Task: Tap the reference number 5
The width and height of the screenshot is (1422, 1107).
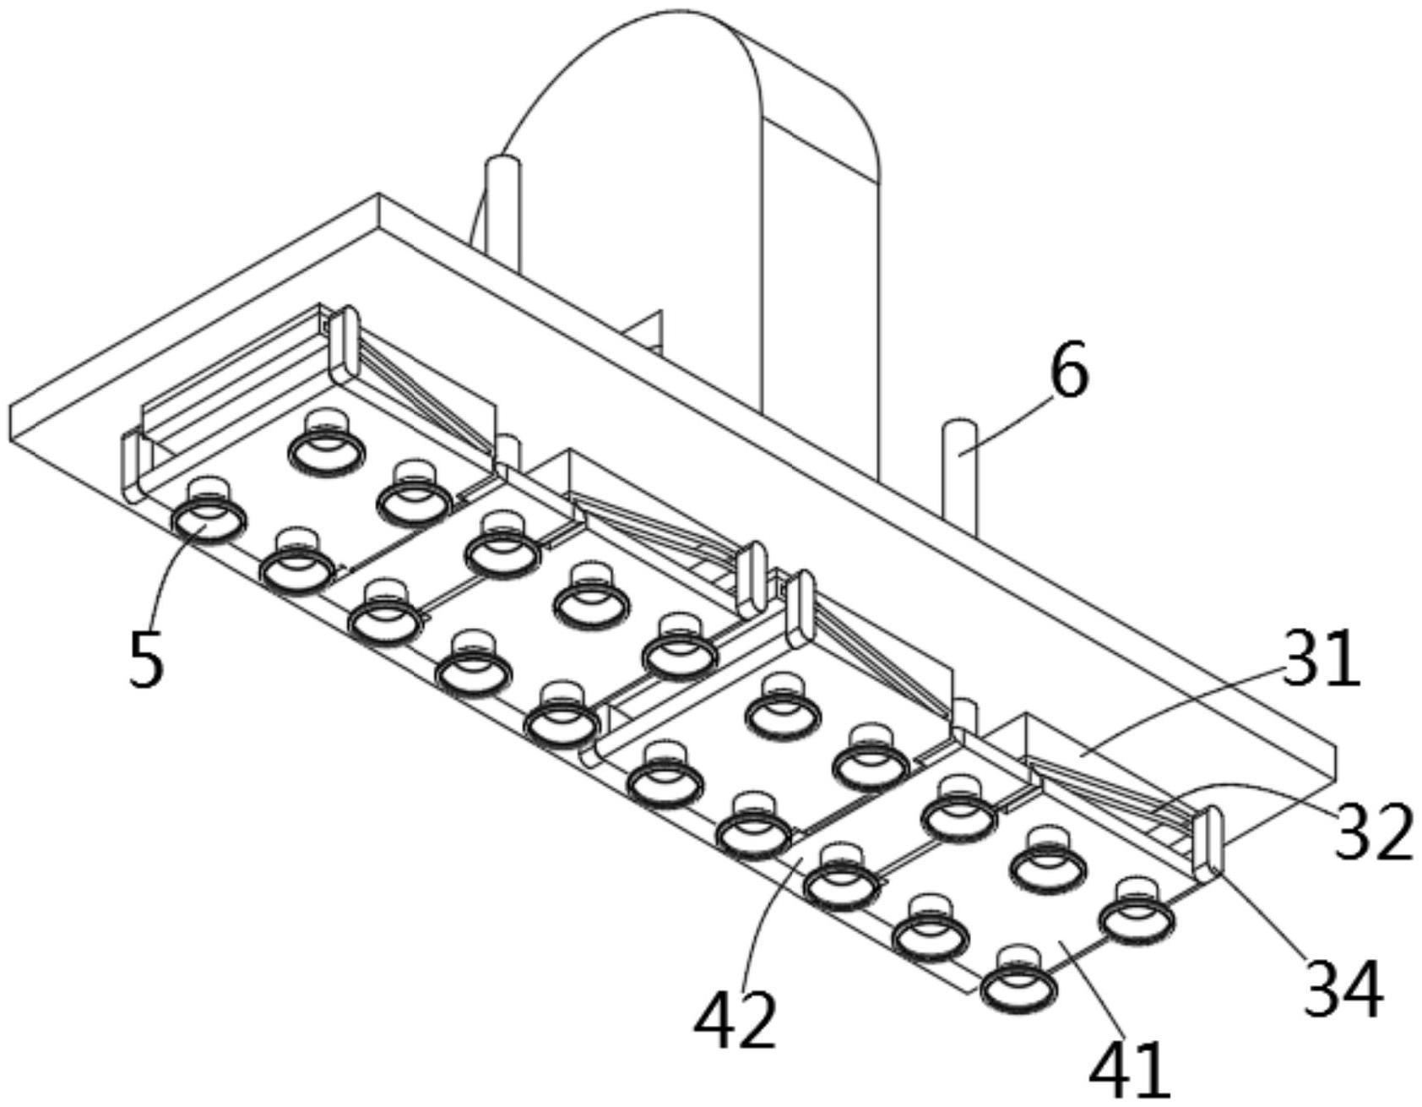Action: (x=145, y=660)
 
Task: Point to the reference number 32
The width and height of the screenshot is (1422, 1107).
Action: (x=1373, y=832)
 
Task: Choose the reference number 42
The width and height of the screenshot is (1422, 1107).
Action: (x=734, y=1019)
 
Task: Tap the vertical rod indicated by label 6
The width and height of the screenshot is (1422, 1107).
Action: (x=960, y=473)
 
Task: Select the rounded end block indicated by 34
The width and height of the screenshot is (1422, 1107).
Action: (x=1208, y=841)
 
